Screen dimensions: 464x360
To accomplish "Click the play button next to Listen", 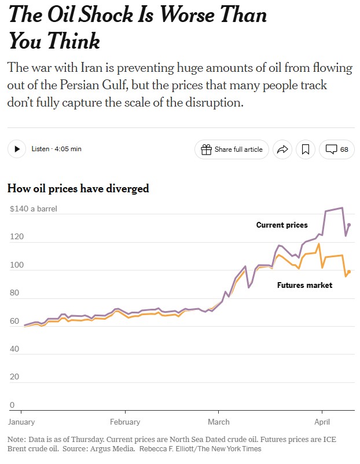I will (x=17, y=149).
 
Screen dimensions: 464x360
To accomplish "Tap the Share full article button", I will (x=232, y=149).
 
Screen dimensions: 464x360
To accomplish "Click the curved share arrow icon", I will (x=282, y=149).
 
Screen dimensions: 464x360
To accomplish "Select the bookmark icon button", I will (x=306, y=149).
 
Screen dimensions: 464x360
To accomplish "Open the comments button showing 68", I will (x=337, y=149).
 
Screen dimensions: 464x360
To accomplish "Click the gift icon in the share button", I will (x=206, y=149).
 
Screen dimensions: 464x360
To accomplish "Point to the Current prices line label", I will (x=282, y=225).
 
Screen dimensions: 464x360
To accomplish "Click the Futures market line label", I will (x=304, y=285).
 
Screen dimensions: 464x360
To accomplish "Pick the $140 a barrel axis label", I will (x=34, y=209).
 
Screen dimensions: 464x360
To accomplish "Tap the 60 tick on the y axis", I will (x=14, y=321).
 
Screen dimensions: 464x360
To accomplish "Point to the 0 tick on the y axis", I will (x=12, y=405).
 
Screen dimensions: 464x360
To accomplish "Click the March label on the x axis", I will (x=219, y=422).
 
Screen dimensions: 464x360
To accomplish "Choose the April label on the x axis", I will (x=322, y=422).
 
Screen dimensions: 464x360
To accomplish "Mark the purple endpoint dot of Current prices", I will (x=349, y=225).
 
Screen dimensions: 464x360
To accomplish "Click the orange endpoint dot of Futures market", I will (x=349, y=272).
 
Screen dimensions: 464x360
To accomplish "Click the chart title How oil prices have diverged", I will (x=78, y=188).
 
